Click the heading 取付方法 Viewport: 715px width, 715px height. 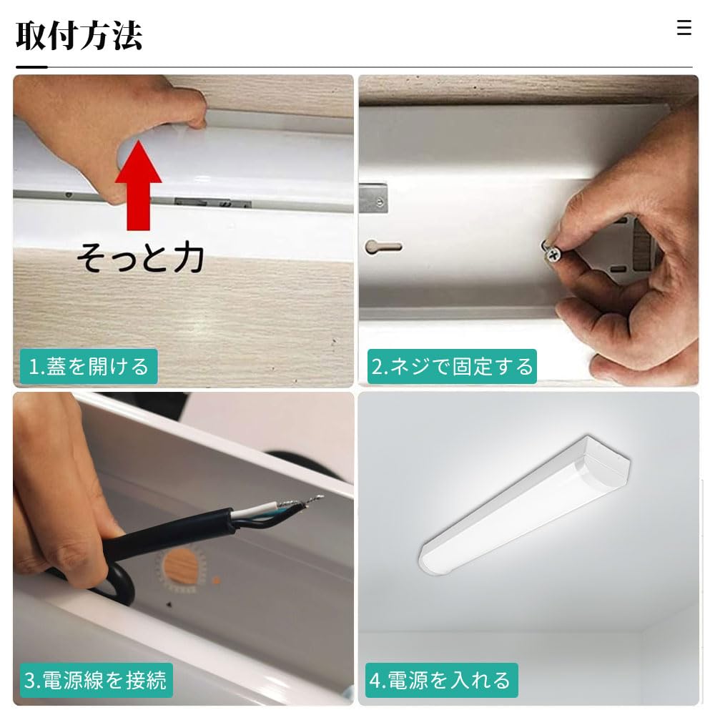click(79, 36)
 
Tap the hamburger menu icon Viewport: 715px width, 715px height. click(684, 28)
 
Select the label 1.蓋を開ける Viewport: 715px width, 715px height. click(89, 367)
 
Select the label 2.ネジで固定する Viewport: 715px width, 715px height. click(452, 367)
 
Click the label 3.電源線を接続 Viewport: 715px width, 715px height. click(95, 680)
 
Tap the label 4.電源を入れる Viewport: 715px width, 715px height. click(439, 680)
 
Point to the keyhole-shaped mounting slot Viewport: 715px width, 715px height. click(383, 247)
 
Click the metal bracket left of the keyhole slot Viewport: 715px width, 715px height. click(373, 199)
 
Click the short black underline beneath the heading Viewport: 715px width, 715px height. click(31, 67)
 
